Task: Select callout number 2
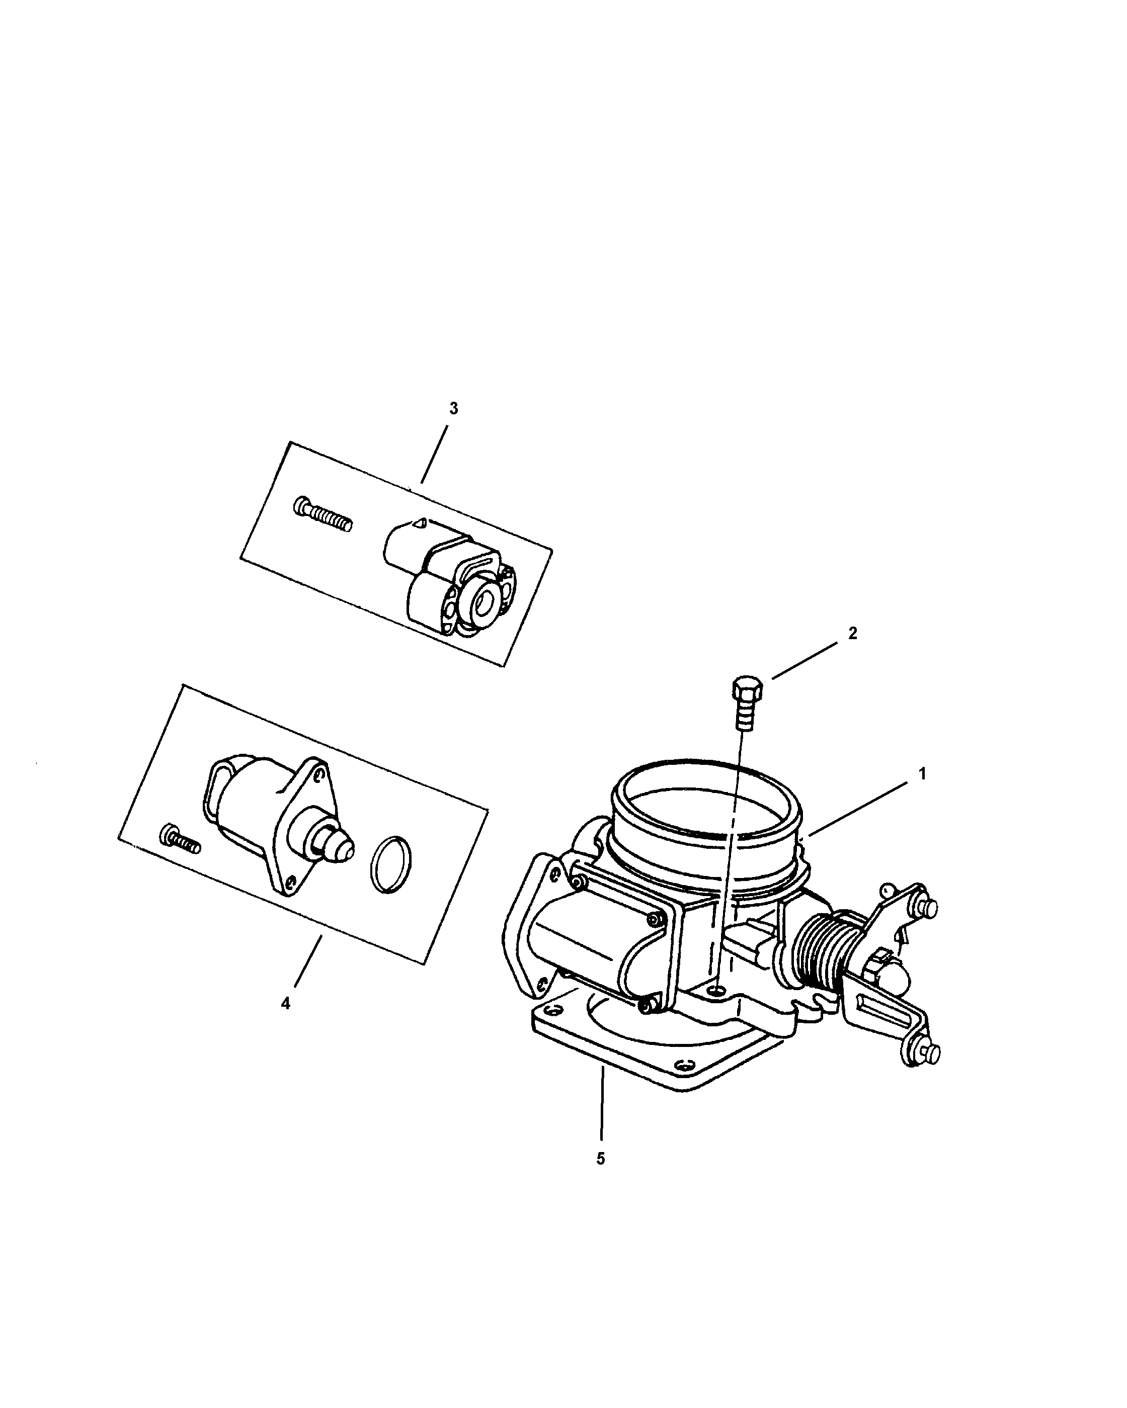pos(852,633)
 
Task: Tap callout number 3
pos(453,408)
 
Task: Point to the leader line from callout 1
pos(862,808)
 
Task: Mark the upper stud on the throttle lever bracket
pos(928,908)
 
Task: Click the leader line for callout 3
pos(434,455)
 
